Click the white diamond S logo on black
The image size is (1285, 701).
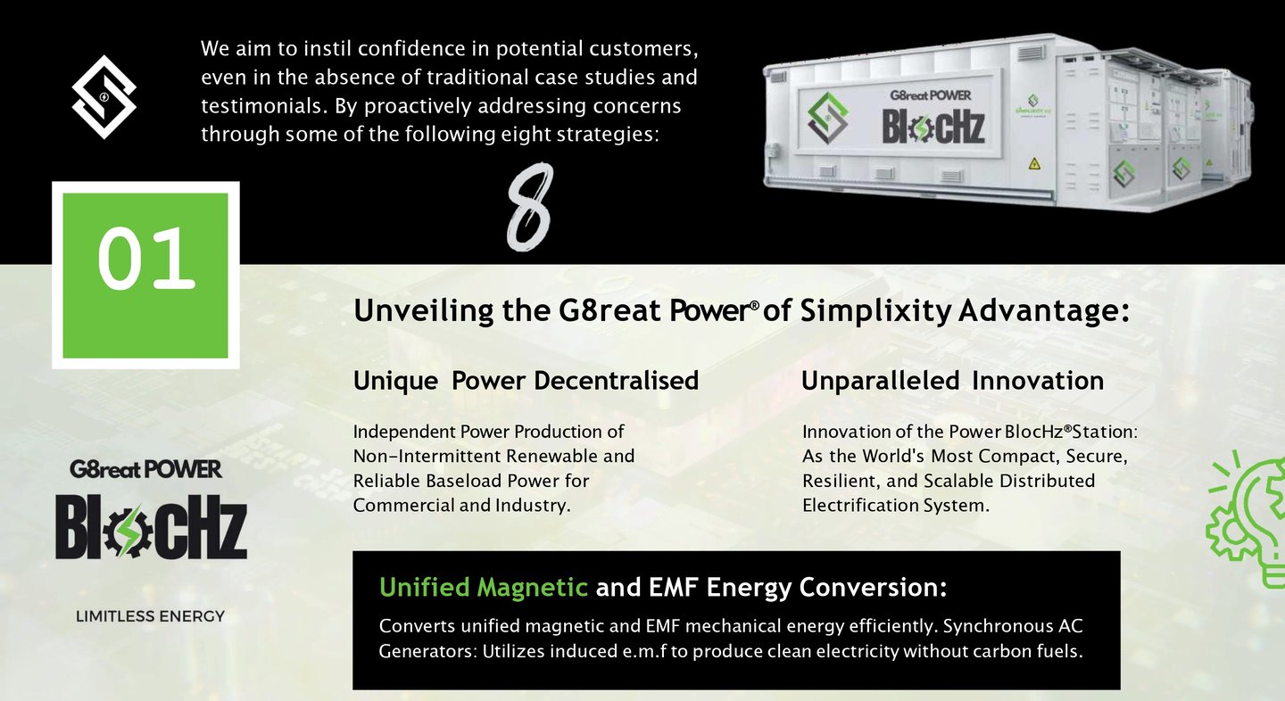pyautogui.click(x=104, y=97)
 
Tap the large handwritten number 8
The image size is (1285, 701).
pyautogui.click(x=530, y=207)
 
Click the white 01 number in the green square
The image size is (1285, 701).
pyautogui.click(x=146, y=258)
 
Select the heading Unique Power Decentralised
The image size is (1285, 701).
pyautogui.click(x=526, y=381)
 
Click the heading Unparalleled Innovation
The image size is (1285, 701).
pyautogui.click(x=952, y=381)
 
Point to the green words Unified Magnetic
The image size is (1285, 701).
pyautogui.click(x=483, y=587)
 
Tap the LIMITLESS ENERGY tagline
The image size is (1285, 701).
pyautogui.click(x=150, y=616)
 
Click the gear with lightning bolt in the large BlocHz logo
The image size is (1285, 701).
pyautogui.click(x=128, y=531)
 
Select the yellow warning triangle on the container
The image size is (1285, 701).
pyautogui.click(x=1034, y=164)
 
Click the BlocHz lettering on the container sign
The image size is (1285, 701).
pyautogui.click(x=933, y=127)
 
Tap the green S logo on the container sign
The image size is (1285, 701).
pyautogui.click(x=827, y=118)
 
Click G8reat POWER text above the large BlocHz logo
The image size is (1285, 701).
pyautogui.click(x=145, y=469)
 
